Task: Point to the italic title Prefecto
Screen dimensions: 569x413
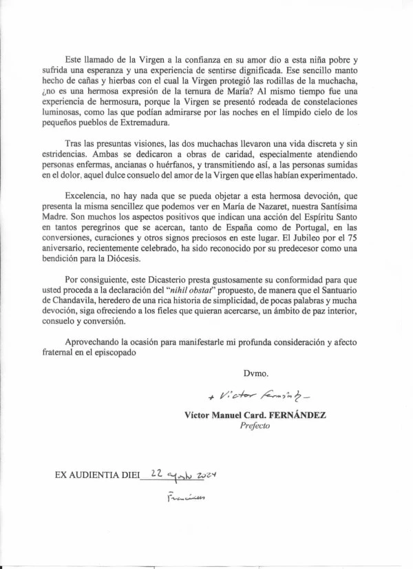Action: [x=255, y=426]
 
